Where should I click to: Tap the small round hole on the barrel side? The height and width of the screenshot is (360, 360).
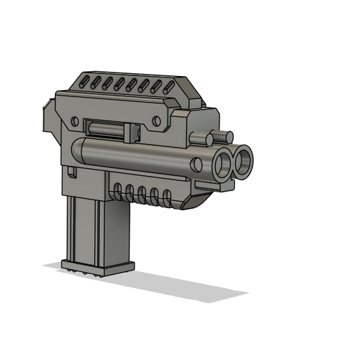(197, 165)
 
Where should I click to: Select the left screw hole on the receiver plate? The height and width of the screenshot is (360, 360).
(75, 121)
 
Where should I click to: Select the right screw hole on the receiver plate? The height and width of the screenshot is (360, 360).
(156, 121)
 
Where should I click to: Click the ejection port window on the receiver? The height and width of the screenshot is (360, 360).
(112, 129)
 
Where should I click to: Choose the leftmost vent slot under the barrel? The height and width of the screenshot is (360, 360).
(118, 190)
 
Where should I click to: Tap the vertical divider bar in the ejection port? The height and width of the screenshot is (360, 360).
(128, 130)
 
